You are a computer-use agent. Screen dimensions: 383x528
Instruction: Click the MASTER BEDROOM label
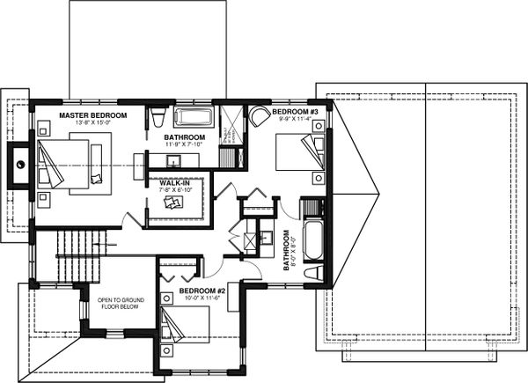point(92,115)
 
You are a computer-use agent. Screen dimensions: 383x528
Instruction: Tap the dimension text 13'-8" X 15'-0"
point(92,124)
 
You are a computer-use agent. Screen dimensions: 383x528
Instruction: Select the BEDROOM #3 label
point(294,114)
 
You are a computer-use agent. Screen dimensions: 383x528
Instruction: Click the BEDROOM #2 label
point(203,290)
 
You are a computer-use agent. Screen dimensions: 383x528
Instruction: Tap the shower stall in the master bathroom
point(231,126)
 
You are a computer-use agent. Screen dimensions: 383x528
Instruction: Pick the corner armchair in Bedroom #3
point(258,118)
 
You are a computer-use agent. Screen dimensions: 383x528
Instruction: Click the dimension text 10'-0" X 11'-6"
point(203,298)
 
